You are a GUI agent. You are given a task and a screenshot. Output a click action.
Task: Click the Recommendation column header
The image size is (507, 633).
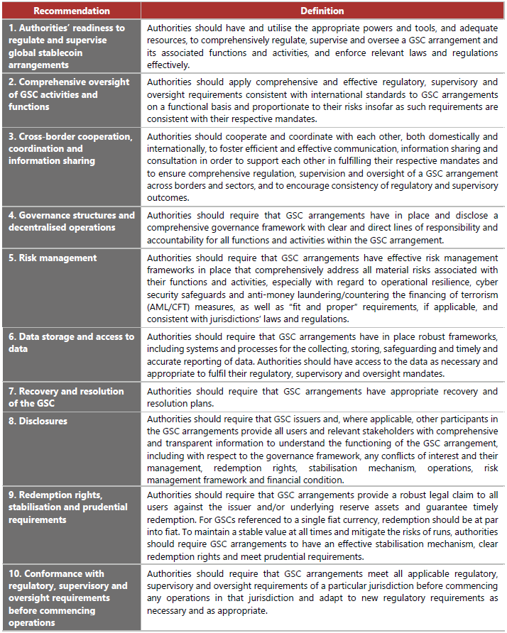[x=72, y=11]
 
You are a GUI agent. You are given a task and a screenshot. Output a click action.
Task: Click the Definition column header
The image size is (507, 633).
[x=322, y=11]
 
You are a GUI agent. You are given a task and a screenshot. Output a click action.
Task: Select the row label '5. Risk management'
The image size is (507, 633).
[x=53, y=258]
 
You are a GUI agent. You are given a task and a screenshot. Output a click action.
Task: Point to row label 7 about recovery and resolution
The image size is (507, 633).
[x=66, y=397]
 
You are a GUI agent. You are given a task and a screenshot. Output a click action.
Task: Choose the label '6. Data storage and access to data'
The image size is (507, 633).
[x=71, y=342]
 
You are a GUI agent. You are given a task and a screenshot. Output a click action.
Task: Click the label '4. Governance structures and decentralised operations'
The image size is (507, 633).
[x=71, y=221]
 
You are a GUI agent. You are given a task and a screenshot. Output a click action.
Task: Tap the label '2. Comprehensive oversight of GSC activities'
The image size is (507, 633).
[x=69, y=94]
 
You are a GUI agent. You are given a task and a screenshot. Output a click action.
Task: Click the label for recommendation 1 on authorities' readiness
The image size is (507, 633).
[x=67, y=39]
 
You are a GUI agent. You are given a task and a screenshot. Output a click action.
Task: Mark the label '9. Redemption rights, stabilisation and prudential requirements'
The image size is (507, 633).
[x=68, y=507]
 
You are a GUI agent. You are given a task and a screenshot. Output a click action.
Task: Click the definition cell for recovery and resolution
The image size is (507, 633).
[x=322, y=397]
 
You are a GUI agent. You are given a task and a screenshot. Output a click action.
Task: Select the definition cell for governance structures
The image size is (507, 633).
[x=322, y=227]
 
